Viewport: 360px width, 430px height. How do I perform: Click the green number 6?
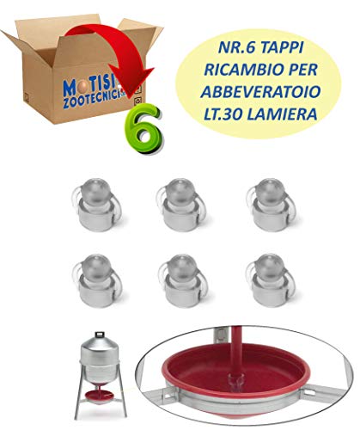coord(143,129)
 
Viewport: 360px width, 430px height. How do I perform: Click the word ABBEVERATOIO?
coord(260,92)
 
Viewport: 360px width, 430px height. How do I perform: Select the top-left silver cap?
coord(96,205)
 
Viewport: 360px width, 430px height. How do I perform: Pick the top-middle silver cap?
coord(181,205)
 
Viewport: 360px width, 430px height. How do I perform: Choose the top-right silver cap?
coord(271,205)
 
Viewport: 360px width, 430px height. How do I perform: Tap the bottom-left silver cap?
coord(97,280)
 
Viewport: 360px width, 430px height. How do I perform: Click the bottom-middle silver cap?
coord(183,280)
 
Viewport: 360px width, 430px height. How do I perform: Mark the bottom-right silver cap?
coord(270,280)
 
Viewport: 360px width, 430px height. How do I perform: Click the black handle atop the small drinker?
coord(100,335)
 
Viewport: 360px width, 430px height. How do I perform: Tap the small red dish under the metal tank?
coord(101,396)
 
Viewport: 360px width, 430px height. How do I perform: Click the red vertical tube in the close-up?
coord(237,350)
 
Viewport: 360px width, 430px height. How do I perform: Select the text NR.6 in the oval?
coord(236,47)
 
